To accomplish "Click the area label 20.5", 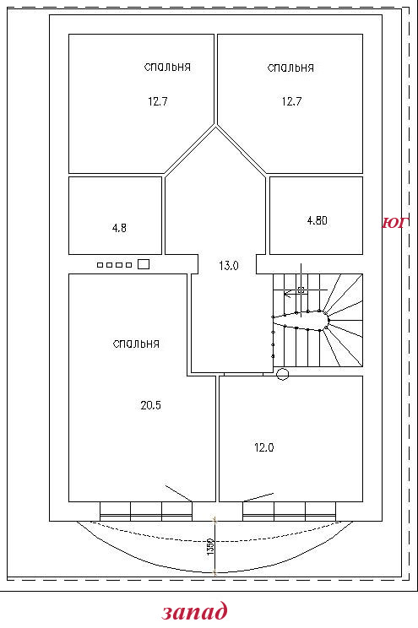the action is (x=150, y=405).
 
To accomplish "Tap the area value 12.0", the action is (x=264, y=447).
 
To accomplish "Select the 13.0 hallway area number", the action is (x=229, y=266).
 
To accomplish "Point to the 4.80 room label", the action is (x=317, y=220).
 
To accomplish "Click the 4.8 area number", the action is (x=119, y=228).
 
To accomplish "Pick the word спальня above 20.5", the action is (x=136, y=344).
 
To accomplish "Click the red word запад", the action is (x=195, y=612).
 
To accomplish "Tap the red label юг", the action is (x=395, y=223).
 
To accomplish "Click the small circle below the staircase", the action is (x=283, y=374).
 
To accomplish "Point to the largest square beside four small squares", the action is (x=144, y=264).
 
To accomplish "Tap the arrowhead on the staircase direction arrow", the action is (x=286, y=294).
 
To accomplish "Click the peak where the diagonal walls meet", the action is (x=216, y=126).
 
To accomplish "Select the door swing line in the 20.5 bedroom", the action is (x=179, y=493).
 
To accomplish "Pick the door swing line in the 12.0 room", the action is (x=258, y=497).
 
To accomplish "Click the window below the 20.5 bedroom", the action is (x=146, y=512).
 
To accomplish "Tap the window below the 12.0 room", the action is (x=289, y=512).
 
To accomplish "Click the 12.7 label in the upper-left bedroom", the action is (x=158, y=101).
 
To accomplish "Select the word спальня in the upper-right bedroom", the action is (x=290, y=68).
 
